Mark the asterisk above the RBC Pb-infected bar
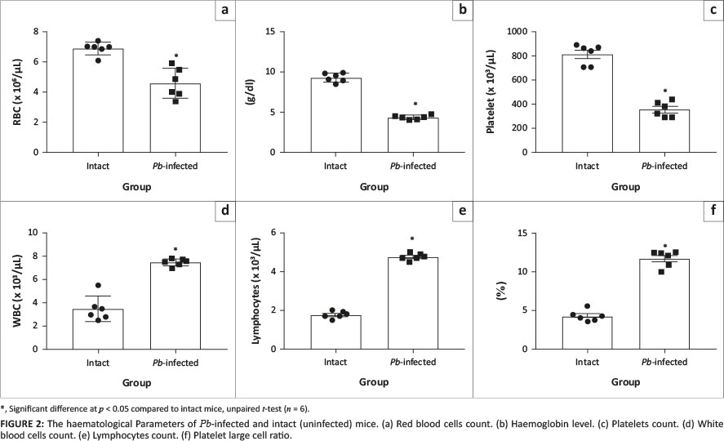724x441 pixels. (x=175, y=56)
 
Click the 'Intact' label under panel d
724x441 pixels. (x=97, y=363)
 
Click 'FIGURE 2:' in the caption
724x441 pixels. (x=24, y=424)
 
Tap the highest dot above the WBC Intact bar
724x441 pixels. (x=99, y=285)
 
